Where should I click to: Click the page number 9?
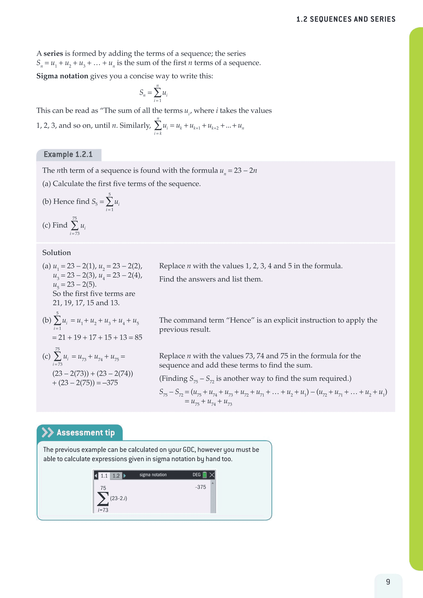tap(388, 581)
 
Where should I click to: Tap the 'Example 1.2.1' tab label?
tap(68, 155)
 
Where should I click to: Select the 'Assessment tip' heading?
tap(86, 433)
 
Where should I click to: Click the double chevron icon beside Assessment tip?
tap(48, 432)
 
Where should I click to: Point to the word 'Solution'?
tap(57, 253)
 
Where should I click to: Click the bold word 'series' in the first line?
tap(53, 53)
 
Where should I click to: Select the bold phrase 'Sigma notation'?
tap(62, 76)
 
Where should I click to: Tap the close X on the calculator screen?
tap(212, 475)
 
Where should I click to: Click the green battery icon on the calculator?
tap(205, 475)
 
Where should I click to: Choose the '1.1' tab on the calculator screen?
tap(104, 476)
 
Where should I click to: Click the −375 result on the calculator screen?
tap(200, 487)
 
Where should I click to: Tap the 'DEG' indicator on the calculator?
tap(196, 475)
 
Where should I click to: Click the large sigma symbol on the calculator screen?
tap(103, 498)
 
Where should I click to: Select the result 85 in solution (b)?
tap(138, 338)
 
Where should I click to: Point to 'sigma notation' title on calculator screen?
tap(153, 475)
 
